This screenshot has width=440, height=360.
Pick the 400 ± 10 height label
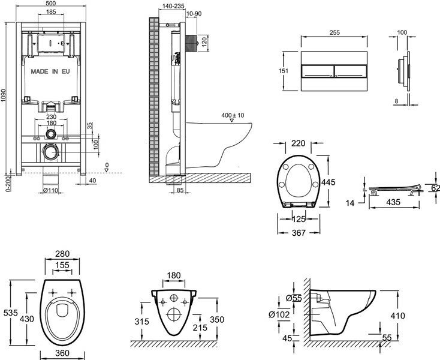233,115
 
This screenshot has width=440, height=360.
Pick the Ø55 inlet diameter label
292,298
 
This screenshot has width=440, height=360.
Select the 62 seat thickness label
435,188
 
